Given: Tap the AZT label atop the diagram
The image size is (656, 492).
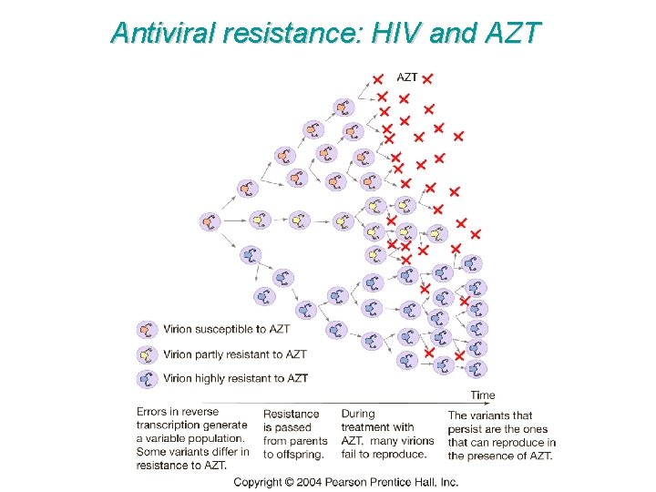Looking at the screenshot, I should (406, 77).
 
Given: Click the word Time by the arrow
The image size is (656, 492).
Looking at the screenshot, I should (483, 395).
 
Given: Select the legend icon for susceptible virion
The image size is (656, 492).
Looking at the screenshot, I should (147, 329).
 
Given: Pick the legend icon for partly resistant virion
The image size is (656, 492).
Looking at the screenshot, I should (147, 354).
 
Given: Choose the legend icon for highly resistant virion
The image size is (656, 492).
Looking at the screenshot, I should (147, 378).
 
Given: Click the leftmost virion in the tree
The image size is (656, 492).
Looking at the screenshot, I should (210, 220).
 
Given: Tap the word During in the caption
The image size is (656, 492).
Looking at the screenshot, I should (358, 414).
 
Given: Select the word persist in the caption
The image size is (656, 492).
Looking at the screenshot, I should (465, 427).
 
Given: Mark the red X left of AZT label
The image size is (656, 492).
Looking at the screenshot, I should (378, 79).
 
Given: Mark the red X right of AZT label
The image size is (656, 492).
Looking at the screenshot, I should (427, 79).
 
